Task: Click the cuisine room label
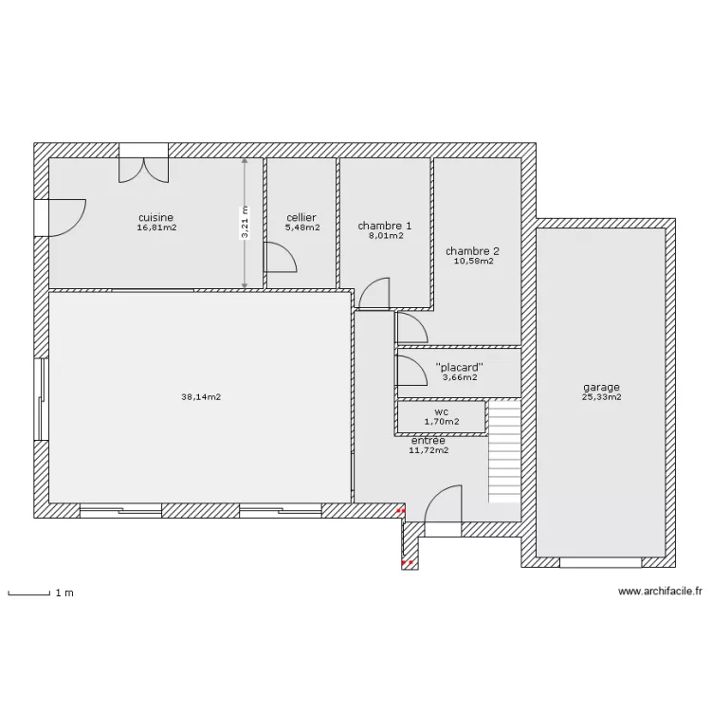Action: tap(156, 218)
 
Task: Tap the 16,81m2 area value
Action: tap(156, 228)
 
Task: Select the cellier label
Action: tap(301, 218)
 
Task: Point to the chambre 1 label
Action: tap(385, 226)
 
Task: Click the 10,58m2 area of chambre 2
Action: tap(474, 262)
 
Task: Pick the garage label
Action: tap(601, 388)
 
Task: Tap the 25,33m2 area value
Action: tap(602, 397)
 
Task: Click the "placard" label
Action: tap(460, 367)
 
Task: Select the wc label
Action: tap(442, 412)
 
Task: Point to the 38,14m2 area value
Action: tap(201, 397)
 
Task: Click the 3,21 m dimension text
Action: tap(245, 222)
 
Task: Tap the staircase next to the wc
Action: tap(504, 451)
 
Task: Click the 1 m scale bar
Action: tap(29, 593)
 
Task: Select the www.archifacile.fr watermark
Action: tap(660, 592)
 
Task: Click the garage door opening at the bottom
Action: tap(601, 563)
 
